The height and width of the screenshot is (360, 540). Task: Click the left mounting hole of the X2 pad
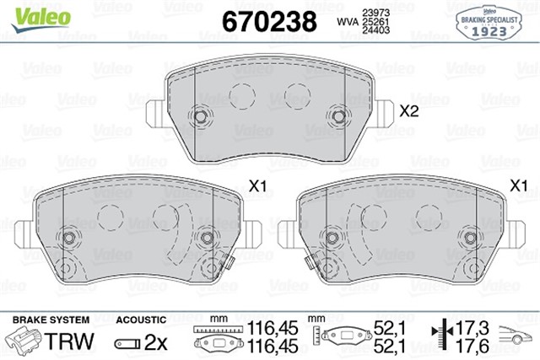[201, 116]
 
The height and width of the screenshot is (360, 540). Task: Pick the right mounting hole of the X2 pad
[338, 116]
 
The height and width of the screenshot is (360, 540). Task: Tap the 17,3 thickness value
[472, 327]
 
